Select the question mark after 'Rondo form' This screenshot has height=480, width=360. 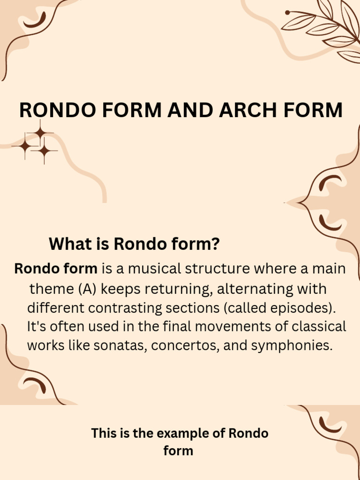coord(216,244)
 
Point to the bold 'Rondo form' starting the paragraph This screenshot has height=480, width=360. coord(56,269)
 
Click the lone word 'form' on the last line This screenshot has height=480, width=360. coord(178,451)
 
